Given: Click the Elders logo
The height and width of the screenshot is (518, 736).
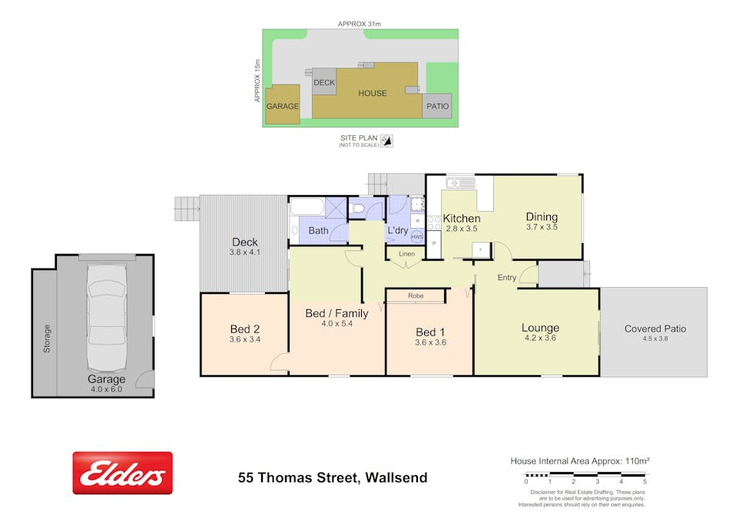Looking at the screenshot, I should coord(122,473).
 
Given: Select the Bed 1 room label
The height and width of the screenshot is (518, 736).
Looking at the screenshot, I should coord(429,332).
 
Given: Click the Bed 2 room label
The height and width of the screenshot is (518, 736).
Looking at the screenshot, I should coord(244,328).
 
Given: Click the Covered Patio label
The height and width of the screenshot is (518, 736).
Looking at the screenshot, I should coord(655,328).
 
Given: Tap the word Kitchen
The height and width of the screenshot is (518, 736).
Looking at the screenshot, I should coord(461,219).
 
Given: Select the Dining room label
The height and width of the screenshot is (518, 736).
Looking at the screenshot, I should coord(542,216).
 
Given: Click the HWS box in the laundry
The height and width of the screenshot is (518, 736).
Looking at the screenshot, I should coord(417,237).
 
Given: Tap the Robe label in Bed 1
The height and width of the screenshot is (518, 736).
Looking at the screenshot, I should coord(416,295).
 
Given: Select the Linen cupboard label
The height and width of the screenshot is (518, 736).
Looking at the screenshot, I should coord(406,254).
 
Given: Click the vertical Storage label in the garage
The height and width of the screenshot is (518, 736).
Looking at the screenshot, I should coord(47,338).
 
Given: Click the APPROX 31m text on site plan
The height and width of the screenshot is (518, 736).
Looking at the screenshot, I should coord(360,24).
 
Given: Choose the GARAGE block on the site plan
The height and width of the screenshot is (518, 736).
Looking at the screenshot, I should coord(282,106).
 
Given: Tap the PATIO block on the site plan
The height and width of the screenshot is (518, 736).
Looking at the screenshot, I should coord(437,106).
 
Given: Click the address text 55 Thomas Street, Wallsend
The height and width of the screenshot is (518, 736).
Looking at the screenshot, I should coord(332,478).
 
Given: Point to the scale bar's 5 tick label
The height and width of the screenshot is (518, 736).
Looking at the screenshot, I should coord(644,481).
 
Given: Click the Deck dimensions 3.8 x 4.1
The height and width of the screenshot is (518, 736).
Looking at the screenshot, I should coord(244,252).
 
